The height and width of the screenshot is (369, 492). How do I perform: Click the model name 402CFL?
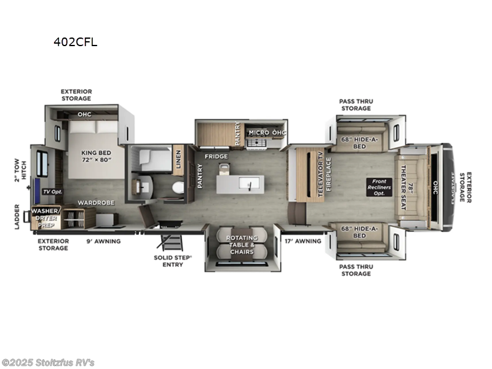(76, 42)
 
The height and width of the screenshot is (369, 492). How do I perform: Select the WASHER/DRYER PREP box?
(47, 217)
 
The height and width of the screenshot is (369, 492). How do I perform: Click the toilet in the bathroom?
(177, 188)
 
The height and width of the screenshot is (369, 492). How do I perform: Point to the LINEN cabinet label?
(178, 159)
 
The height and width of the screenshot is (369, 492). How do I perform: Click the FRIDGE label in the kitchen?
(216, 157)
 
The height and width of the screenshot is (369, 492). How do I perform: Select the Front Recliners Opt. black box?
(379, 186)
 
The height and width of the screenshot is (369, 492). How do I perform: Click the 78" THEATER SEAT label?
(404, 184)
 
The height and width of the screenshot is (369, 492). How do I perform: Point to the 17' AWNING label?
(304, 241)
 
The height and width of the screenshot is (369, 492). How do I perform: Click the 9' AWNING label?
(103, 241)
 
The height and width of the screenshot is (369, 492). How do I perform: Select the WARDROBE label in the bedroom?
(93, 202)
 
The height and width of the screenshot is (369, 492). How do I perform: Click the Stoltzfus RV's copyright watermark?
(48, 362)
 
